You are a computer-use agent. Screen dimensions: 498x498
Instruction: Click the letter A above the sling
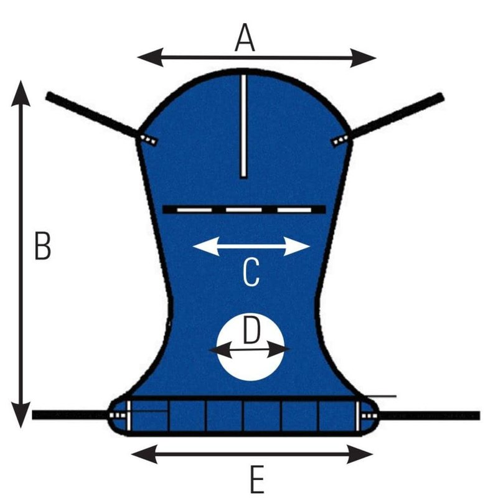245,39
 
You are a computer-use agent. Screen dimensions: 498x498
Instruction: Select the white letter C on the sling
250,273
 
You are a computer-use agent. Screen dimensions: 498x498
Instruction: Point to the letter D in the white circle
250,331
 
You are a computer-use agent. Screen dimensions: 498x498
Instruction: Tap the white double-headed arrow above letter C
251,246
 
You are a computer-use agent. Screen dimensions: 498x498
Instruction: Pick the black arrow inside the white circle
249,350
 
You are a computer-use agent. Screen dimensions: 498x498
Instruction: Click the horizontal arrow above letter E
252,454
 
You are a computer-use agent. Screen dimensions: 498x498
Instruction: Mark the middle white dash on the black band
243,210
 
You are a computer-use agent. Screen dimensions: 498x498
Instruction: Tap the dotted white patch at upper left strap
149,139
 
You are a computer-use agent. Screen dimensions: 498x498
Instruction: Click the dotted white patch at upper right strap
340,140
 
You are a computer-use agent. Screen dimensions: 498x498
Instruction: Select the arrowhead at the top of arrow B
22,91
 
